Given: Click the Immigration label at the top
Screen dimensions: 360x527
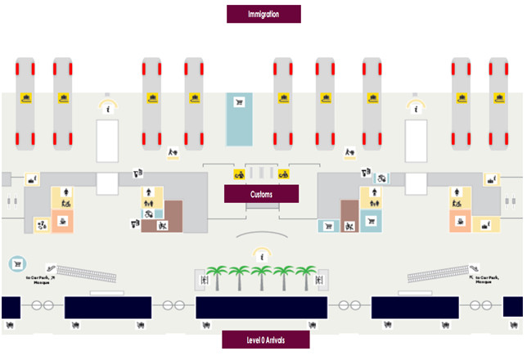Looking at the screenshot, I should (x=263, y=14).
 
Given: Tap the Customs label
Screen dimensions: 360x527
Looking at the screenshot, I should (x=261, y=194).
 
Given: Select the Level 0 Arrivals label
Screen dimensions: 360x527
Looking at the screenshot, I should (x=265, y=340).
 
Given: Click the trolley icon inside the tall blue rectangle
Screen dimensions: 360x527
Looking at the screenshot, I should (x=240, y=102).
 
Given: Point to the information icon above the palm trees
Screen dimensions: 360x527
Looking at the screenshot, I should (x=262, y=256).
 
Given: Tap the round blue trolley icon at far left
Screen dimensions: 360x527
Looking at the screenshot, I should (x=16, y=263).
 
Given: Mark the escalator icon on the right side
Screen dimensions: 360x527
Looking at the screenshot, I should (x=474, y=268).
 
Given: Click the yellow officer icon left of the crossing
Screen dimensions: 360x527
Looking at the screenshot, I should (x=239, y=173).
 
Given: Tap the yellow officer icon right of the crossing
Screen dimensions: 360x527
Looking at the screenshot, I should (x=283, y=173).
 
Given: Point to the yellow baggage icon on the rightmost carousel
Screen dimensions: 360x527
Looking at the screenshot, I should (x=498, y=98).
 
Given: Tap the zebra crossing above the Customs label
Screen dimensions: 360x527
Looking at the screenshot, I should (x=261, y=173).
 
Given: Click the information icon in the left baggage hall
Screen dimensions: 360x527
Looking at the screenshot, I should (x=106, y=107).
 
